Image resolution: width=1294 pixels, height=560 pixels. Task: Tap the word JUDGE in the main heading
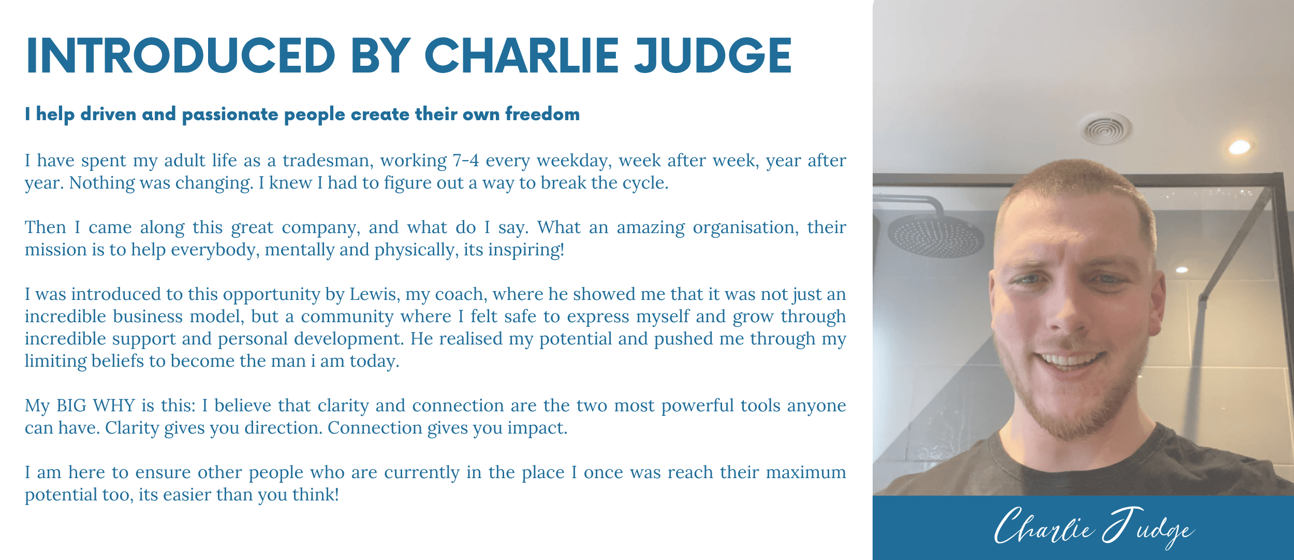(713, 55)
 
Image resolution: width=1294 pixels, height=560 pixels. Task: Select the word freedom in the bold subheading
(542, 113)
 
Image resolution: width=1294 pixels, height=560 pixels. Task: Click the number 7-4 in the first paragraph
(466, 161)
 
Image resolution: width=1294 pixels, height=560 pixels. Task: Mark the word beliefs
(117, 361)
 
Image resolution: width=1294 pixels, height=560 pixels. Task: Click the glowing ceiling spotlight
(1239, 147)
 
